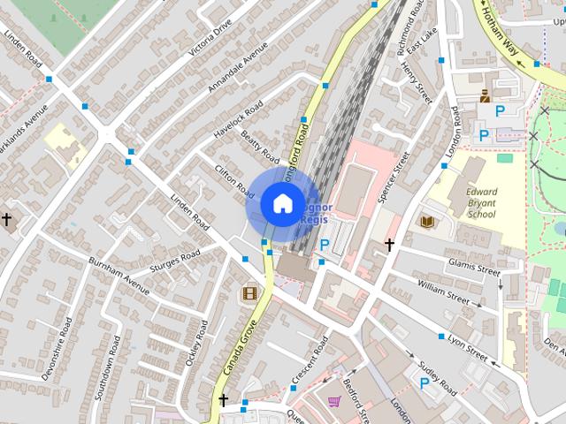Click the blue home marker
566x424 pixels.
(x=281, y=203)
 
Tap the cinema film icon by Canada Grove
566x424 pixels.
(x=250, y=292)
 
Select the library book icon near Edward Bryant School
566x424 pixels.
(x=428, y=221)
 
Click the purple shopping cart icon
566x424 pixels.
(x=333, y=401)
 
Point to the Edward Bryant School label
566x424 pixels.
(x=482, y=203)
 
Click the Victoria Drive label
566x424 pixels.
(x=210, y=37)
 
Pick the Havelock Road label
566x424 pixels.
(x=238, y=119)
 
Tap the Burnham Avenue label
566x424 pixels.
(x=119, y=275)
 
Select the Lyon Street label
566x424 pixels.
(x=467, y=346)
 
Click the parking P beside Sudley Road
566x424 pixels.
(x=424, y=382)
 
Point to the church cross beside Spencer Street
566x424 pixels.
(x=388, y=244)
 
